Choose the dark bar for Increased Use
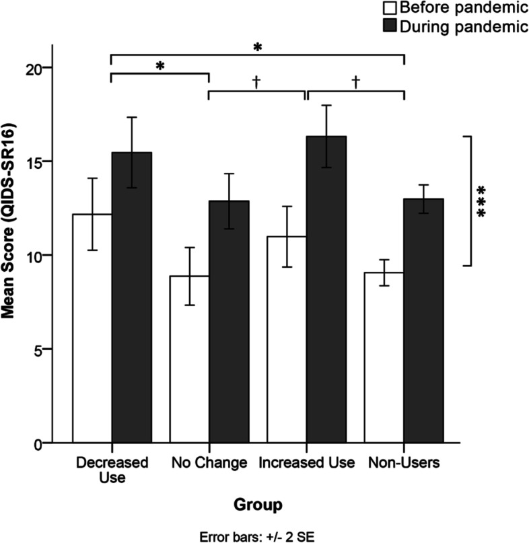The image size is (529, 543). point(326,289)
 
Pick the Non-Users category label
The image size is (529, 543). point(404,463)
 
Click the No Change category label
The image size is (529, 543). point(209,463)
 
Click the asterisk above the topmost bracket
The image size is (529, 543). point(256,47)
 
